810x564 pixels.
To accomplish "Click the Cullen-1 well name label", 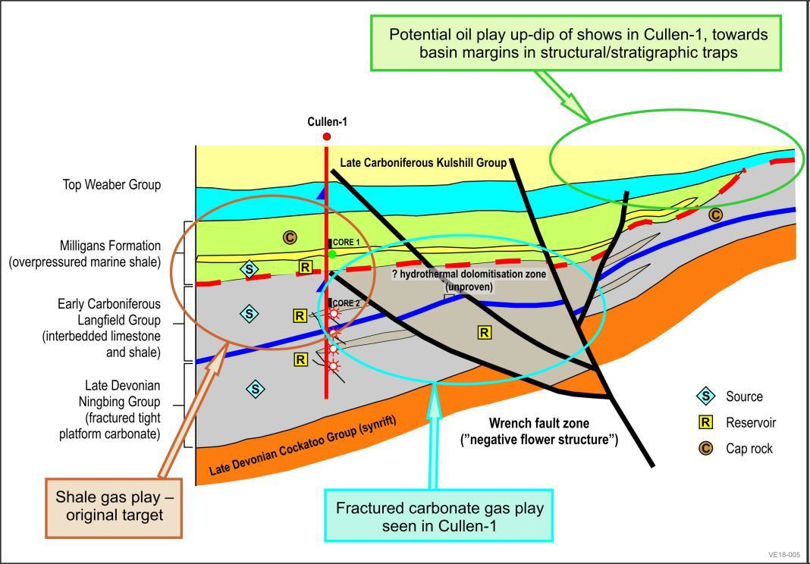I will [x=328, y=122].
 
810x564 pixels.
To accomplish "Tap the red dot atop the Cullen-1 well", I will [x=327, y=136].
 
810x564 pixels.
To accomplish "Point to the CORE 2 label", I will [x=346, y=303].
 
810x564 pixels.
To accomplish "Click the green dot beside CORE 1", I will [x=332, y=254].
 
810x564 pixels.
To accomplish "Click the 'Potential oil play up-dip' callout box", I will [x=578, y=43].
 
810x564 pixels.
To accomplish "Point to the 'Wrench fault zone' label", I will [x=539, y=431].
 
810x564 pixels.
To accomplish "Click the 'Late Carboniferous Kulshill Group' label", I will [x=423, y=163].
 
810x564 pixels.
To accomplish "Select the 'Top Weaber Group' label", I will [x=111, y=184].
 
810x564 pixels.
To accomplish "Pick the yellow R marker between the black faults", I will [x=484, y=332].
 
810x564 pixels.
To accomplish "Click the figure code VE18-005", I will [x=783, y=554].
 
